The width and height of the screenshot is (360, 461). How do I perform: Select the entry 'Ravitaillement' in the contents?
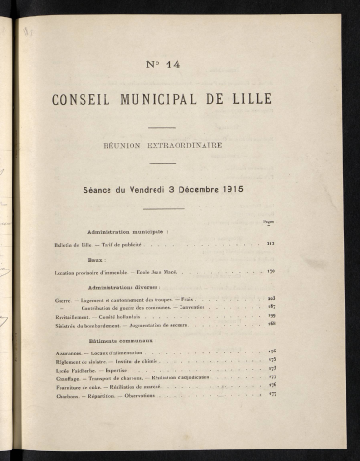(76, 315)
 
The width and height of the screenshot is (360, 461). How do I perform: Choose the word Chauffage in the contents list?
(71, 376)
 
